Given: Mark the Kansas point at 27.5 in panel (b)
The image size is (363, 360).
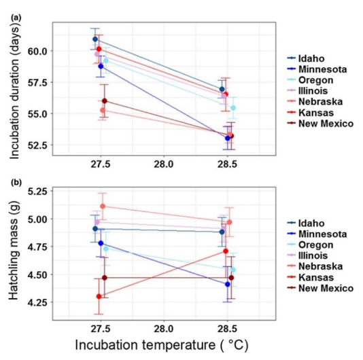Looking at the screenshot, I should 99,296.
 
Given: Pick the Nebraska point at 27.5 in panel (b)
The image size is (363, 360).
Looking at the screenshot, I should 103,206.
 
